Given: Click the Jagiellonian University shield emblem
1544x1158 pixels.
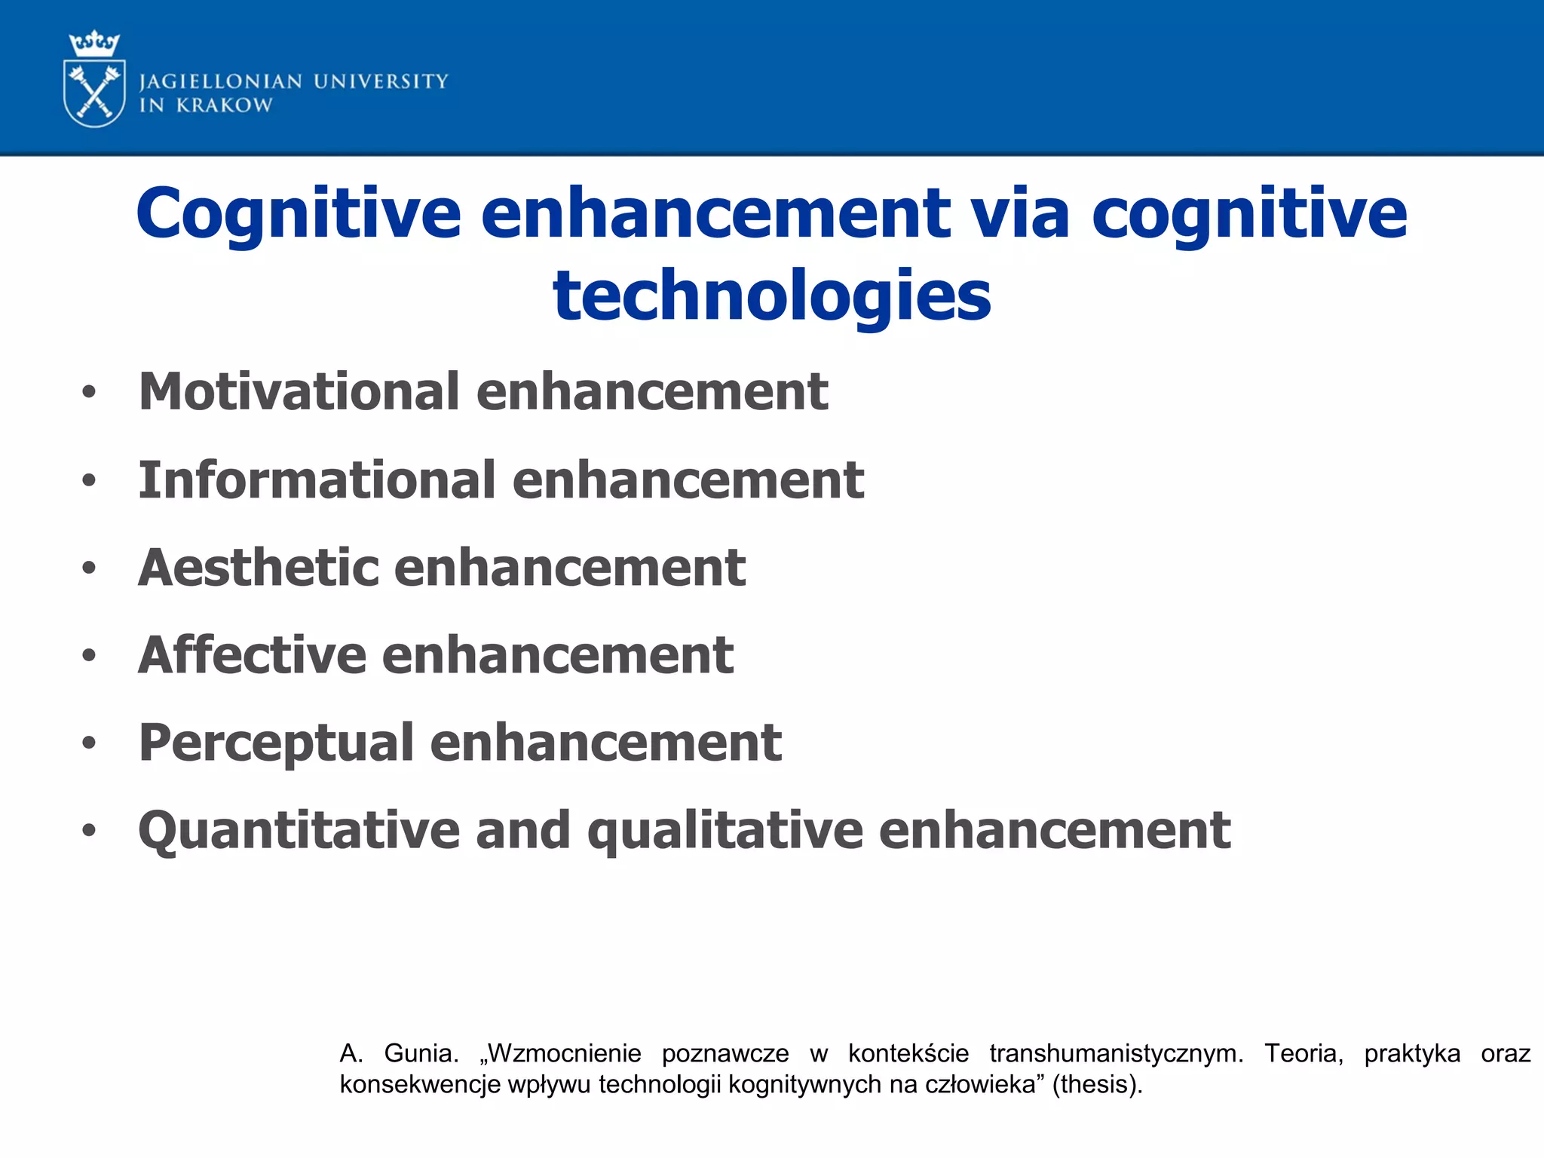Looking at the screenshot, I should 95,93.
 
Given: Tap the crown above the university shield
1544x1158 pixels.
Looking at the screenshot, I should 94,44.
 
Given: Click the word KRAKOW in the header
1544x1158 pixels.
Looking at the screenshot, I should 224,106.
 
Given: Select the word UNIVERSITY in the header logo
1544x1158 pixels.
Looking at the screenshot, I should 381,81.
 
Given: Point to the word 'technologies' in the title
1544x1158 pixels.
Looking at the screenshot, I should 772,296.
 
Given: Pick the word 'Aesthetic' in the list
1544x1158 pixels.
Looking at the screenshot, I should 257,568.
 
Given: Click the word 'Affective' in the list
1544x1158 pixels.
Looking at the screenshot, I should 251,655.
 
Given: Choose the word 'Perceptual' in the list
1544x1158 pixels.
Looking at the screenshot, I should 275,743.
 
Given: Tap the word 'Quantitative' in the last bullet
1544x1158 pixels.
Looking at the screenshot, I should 299,831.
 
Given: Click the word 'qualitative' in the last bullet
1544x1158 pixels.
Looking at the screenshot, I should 725,831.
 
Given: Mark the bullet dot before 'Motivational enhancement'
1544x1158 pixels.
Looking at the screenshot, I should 90,392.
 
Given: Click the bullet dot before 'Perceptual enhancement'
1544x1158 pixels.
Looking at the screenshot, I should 90,743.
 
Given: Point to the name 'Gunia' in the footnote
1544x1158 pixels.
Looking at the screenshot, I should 421,1053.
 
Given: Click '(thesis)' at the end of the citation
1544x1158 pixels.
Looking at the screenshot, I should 1097,1084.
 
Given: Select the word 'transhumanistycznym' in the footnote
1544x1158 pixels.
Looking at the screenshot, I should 1116,1053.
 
